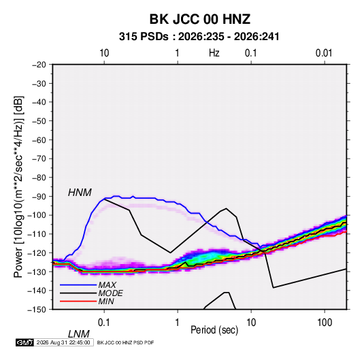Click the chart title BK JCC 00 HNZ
[x=199, y=19]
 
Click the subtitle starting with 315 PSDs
[x=199, y=37]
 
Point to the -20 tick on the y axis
[x=39, y=65]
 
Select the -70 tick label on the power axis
[x=39, y=159]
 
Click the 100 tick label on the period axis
[x=325, y=323]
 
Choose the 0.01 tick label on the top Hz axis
[x=324, y=53]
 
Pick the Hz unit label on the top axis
[x=214, y=53]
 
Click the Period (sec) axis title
[x=214, y=330]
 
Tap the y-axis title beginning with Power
[x=18, y=186]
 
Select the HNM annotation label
[x=80, y=193]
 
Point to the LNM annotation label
[x=78, y=334]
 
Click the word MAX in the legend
[x=107, y=285]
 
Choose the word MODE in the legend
[x=110, y=293]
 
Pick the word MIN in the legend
[x=106, y=301]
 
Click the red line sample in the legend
[x=78, y=301]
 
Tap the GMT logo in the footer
[x=24, y=342]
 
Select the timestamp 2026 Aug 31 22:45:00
[x=63, y=342]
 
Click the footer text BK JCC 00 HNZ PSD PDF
[x=125, y=342]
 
